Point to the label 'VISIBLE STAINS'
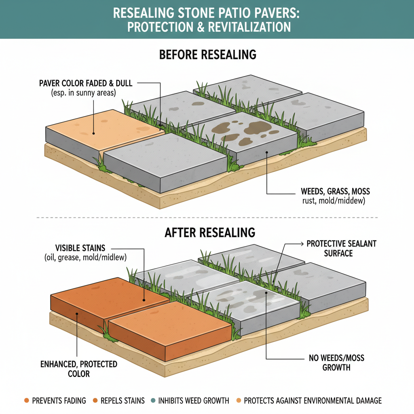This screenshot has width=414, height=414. tap(81, 248)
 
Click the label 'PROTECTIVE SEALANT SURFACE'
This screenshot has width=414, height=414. tap(341, 248)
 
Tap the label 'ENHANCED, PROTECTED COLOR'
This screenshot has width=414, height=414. tap(79, 369)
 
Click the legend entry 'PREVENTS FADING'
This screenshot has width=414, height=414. tap(59, 401)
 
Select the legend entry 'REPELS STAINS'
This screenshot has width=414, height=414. tap(122, 401)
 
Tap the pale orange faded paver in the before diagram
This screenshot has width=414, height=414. tap(105, 127)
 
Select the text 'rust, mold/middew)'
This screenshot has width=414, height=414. tap(335, 200)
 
